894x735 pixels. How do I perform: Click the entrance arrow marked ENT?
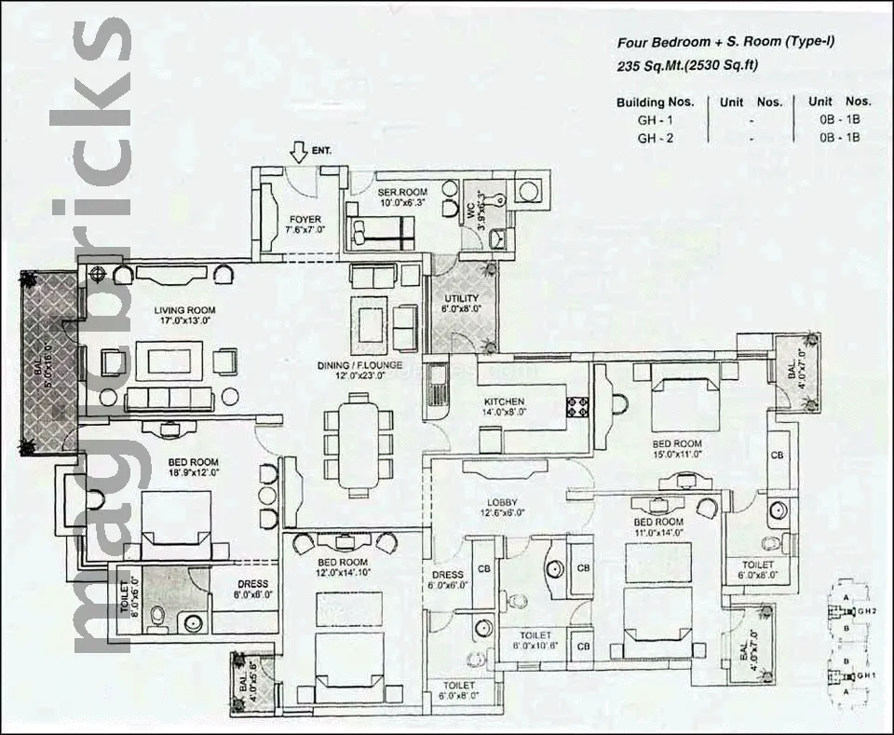tap(299, 150)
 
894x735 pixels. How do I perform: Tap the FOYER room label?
tap(305, 220)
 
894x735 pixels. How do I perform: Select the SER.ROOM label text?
tap(401, 192)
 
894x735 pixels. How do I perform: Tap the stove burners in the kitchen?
tap(576, 405)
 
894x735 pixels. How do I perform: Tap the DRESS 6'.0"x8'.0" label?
tap(252, 590)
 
